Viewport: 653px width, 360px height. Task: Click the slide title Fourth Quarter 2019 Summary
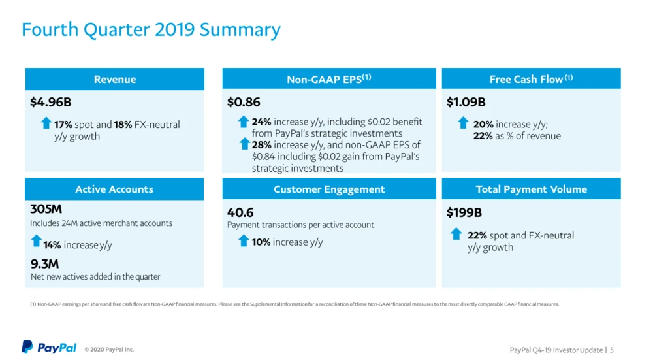click(x=151, y=29)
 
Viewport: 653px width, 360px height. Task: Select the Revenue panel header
click(x=115, y=79)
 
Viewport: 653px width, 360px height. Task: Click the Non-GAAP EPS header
click(x=329, y=79)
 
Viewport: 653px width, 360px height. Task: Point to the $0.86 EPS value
click(x=244, y=102)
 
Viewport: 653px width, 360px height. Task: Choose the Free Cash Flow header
click(x=531, y=79)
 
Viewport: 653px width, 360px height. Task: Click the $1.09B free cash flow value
click(x=466, y=102)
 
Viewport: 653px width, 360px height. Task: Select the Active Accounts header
click(x=114, y=189)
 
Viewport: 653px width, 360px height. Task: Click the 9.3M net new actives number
click(x=44, y=263)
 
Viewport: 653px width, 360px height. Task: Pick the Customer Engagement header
click(x=329, y=189)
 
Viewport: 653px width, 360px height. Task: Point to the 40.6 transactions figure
click(x=240, y=212)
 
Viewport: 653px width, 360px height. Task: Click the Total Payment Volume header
click(x=531, y=189)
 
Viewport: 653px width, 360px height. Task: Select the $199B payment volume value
click(x=464, y=212)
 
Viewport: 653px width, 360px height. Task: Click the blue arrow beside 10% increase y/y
click(x=244, y=241)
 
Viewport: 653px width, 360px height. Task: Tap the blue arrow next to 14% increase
click(x=37, y=242)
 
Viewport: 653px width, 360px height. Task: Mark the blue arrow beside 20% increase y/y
click(x=463, y=122)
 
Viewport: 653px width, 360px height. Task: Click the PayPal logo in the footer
click(x=49, y=348)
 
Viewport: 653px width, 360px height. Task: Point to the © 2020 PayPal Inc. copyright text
click(x=109, y=350)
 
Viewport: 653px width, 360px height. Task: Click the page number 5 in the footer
click(x=612, y=350)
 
